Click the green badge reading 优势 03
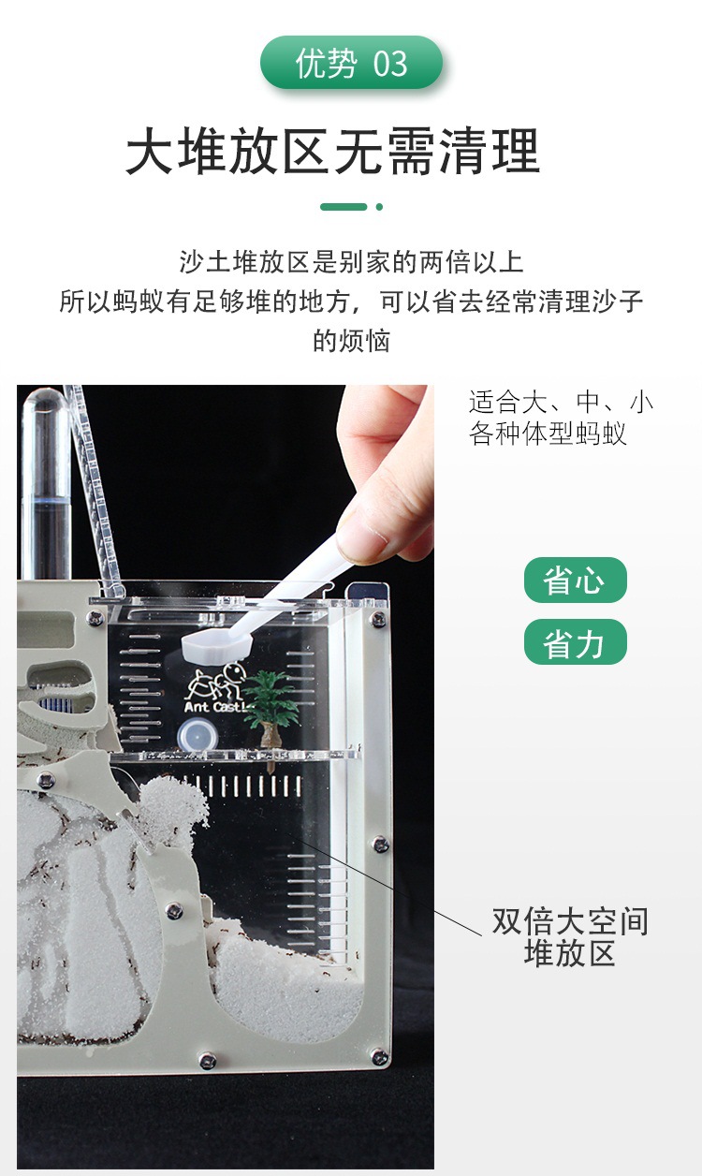click(x=351, y=64)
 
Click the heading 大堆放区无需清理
click(x=333, y=152)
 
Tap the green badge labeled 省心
click(x=575, y=581)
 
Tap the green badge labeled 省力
click(x=575, y=643)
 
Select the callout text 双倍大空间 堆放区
click(x=570, y=937)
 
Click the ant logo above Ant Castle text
click(x=217, y=681)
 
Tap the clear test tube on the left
click(x=45, y=487)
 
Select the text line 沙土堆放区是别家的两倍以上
click(x=351, y=261)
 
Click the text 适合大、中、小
click(x=561, y=404)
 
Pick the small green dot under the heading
click(x=379, y=206)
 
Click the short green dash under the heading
click(x=343, y=206)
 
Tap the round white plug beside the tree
click(x=192, y=737)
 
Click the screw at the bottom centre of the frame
click(x=207, y=1060)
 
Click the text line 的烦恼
click(x=351, y=341)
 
